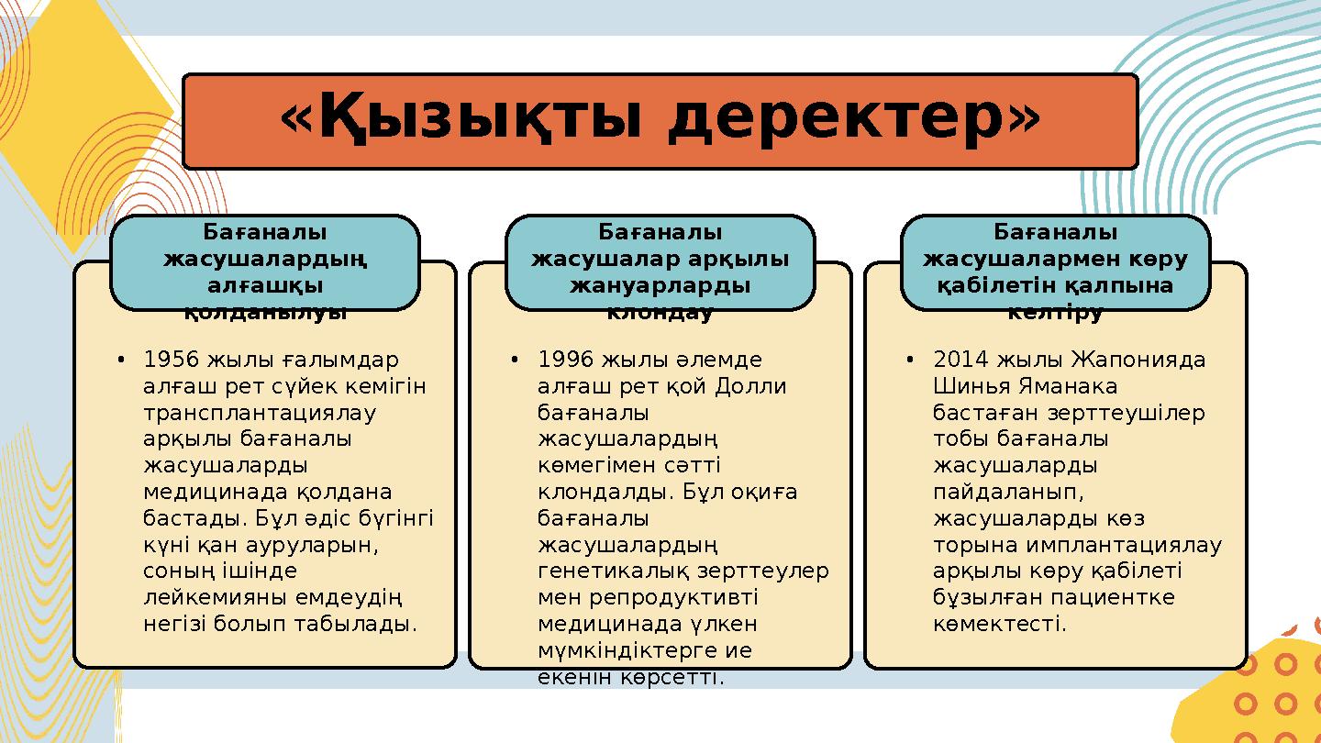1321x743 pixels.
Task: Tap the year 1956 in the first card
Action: click(x=173, y=359)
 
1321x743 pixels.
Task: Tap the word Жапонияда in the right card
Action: click(x=1138, y=359)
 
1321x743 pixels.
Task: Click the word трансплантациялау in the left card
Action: click(x=260, y=412)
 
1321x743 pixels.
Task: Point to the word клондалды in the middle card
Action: click(x=606, y=492)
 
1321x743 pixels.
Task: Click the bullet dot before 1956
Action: click(x=121, y=359)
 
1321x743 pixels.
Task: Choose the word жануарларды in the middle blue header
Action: click(x=660, y=285)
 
